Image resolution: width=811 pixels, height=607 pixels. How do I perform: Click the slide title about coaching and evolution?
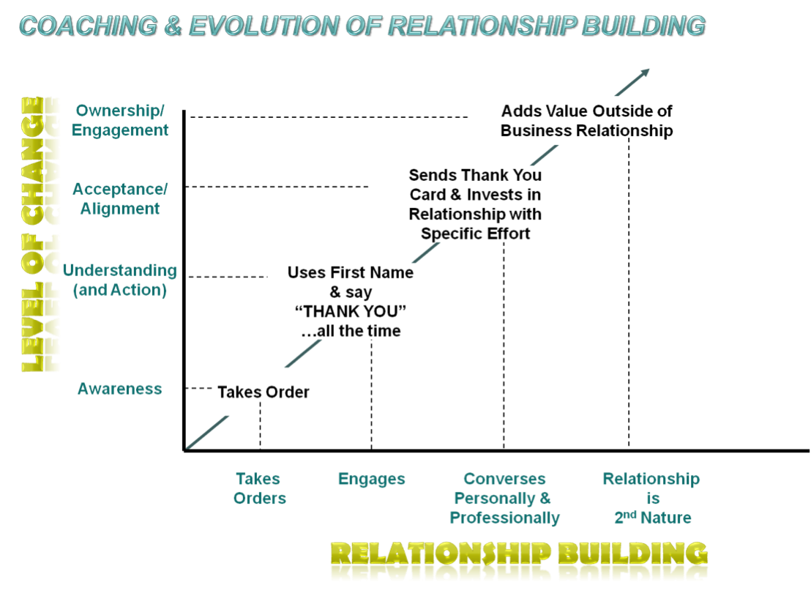(362, 26)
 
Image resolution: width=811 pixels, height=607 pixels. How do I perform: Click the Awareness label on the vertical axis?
(119, 389)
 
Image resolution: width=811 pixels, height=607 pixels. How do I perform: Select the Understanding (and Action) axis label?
(119, 280)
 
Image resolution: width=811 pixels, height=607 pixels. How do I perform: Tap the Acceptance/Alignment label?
(120, 198)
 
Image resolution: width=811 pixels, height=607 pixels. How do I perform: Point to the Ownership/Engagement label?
(120, 120)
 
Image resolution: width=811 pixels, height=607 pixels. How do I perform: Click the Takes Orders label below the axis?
(258, 488)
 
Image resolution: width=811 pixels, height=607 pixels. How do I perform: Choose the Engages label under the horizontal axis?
(371, 480)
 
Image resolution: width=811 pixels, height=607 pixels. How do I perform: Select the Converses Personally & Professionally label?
(504, 499)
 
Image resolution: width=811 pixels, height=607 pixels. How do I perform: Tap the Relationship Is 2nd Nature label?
(651, 499)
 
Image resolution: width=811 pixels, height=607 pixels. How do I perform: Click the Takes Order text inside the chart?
(264, 392)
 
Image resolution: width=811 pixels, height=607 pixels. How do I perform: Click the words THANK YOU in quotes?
(350, 312)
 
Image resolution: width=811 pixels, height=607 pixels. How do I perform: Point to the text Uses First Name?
(350, 272)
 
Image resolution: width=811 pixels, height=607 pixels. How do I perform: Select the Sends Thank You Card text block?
(475, 204)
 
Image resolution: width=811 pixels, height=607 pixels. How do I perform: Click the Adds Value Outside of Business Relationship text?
(586, 121)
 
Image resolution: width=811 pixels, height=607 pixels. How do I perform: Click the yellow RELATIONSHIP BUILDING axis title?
(519, 560)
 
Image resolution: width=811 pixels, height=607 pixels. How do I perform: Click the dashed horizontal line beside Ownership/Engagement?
(329, 116)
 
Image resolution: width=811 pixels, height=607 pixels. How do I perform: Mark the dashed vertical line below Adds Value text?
(629, 293)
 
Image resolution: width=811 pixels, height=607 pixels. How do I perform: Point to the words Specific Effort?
(475, 234)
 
